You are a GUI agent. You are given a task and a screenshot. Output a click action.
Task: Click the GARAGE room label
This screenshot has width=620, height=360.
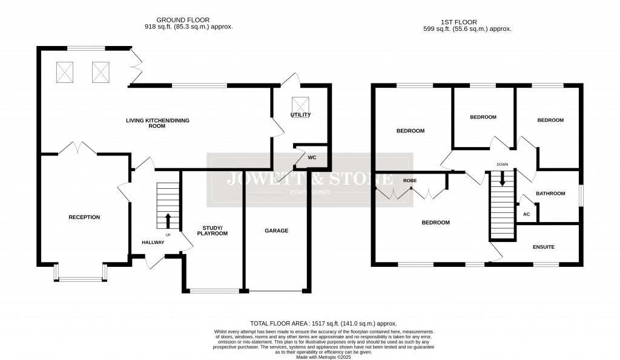(x=276, y=231)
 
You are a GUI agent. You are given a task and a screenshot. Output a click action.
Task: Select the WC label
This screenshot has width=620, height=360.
(x=312, y=157)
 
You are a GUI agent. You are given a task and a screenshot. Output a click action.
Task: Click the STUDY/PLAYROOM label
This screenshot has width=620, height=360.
(x=214, y=230)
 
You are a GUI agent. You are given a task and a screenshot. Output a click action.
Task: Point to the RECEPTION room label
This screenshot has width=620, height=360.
(x=84, y=217)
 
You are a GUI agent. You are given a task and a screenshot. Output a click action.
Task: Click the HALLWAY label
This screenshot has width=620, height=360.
(x=152, y=242)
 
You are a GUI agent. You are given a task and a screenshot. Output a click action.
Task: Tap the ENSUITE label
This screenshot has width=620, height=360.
(x=543, y=247)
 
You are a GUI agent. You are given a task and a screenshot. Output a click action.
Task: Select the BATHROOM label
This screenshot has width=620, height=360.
(x=550, y=194)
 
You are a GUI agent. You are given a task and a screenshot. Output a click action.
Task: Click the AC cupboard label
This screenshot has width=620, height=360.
(x=526, y=214)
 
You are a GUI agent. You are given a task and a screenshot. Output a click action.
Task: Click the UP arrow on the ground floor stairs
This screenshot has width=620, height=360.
(x=168, y=220)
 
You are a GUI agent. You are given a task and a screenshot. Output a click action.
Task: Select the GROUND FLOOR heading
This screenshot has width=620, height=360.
(x=185, y=19)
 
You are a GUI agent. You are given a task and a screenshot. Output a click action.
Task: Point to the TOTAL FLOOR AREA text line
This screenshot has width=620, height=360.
(x=323, y=324)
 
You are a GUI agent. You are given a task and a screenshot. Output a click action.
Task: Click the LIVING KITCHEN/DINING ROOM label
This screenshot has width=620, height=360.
(x=157, y=123)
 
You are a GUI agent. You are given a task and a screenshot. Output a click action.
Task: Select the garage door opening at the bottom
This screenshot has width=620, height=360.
(x=277, y=292)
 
